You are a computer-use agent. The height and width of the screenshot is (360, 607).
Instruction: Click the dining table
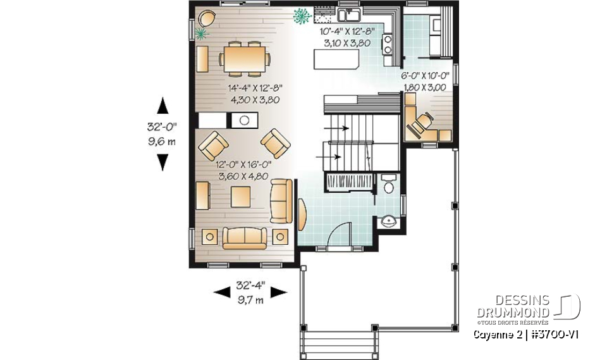click(x=244, y=59)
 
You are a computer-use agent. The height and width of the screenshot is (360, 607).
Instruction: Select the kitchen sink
click(x=349, y=15)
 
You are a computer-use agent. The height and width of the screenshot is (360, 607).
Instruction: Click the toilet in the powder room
click(x=388, y=183)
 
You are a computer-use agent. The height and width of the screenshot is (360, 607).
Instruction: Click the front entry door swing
click(x=340, y=233)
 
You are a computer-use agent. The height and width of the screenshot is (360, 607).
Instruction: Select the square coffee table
click(x=240, y=197)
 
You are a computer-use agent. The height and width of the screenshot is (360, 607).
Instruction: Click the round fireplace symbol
click(x=244, y=120)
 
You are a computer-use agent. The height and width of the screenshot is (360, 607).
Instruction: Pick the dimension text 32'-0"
click(x=162, y=127)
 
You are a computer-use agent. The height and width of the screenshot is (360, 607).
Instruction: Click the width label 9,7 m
click(x=250, y=299)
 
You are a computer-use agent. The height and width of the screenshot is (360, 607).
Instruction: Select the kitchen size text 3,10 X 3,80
click(x=347, y=42)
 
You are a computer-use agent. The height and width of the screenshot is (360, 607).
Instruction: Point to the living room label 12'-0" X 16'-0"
click(x=243, y=164)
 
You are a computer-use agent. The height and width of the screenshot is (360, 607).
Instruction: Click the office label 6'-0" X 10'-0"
click(x=425, y=76)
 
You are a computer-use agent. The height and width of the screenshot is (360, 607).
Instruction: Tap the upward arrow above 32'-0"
click(x=162, y=106)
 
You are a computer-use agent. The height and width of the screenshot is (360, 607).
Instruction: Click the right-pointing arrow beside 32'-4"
click(x=279, y=292)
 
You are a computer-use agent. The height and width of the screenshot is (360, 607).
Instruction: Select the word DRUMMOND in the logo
click(x=513, y=313)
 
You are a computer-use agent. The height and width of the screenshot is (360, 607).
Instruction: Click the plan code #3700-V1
click(x=555, y=335)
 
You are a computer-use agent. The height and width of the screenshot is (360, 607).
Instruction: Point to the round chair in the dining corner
click(x=206, y=19)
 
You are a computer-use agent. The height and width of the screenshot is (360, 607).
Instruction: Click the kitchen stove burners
click(x=387, y=44)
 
